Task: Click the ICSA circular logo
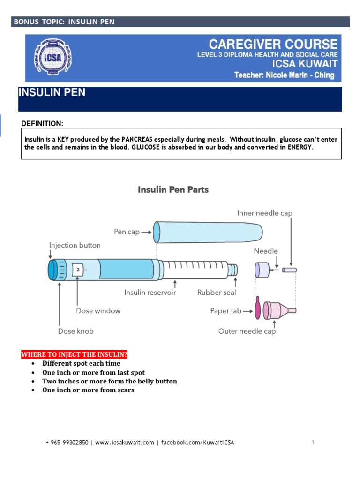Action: [47, 58]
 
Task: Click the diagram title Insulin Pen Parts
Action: [173, 190]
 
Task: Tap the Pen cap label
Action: [127, 232]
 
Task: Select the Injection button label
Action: [75, 245]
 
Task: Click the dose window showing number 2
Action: [77, 270]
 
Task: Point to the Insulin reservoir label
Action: [150, 292]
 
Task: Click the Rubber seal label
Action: [217, 292]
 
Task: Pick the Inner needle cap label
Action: [264, 213]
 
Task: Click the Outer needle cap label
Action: [247, 331]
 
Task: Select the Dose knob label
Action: [75, 331]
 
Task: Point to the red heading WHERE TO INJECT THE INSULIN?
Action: [74, 354]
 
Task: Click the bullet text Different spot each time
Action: [81, 363]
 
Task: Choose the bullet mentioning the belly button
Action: [110, 381]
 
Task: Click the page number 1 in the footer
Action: [312, 442]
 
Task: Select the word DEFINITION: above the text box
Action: [42, 123]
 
